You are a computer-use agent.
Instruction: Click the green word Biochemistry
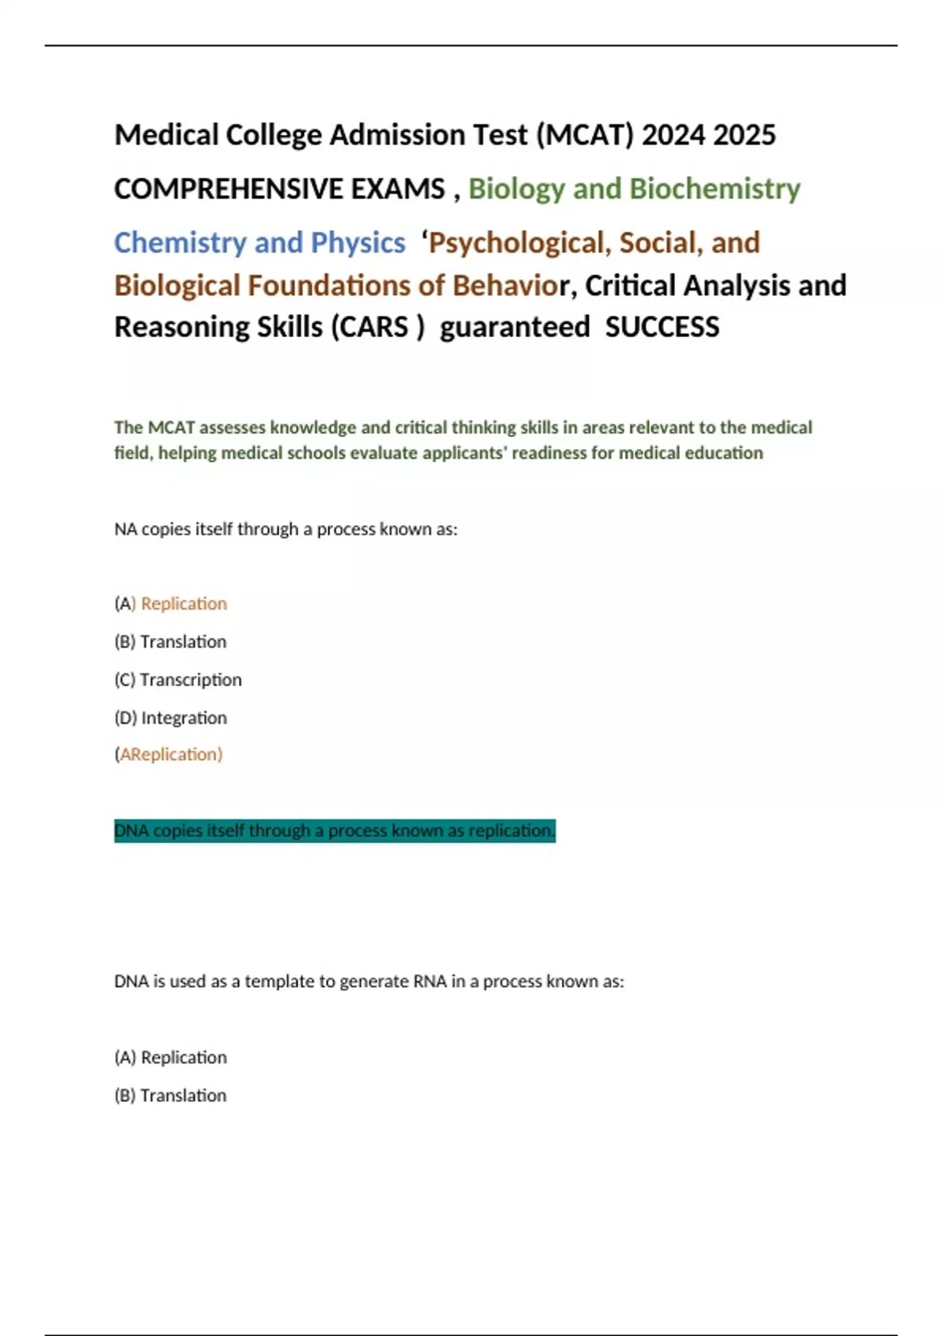click(715, 189)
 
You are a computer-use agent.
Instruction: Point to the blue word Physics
click(358, 243)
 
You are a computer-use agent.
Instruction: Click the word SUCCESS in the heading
click(662, 327)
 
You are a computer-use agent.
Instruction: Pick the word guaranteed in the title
click(515, 327)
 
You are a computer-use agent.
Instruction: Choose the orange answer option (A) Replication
click(171, 604)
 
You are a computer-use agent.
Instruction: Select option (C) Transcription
click(178, 680)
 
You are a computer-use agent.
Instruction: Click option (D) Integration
click(171, 718)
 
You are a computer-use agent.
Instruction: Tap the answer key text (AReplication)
click(169, 754)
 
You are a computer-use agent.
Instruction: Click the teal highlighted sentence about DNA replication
click(335, 831)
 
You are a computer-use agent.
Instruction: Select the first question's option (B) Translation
click(171, 642)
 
